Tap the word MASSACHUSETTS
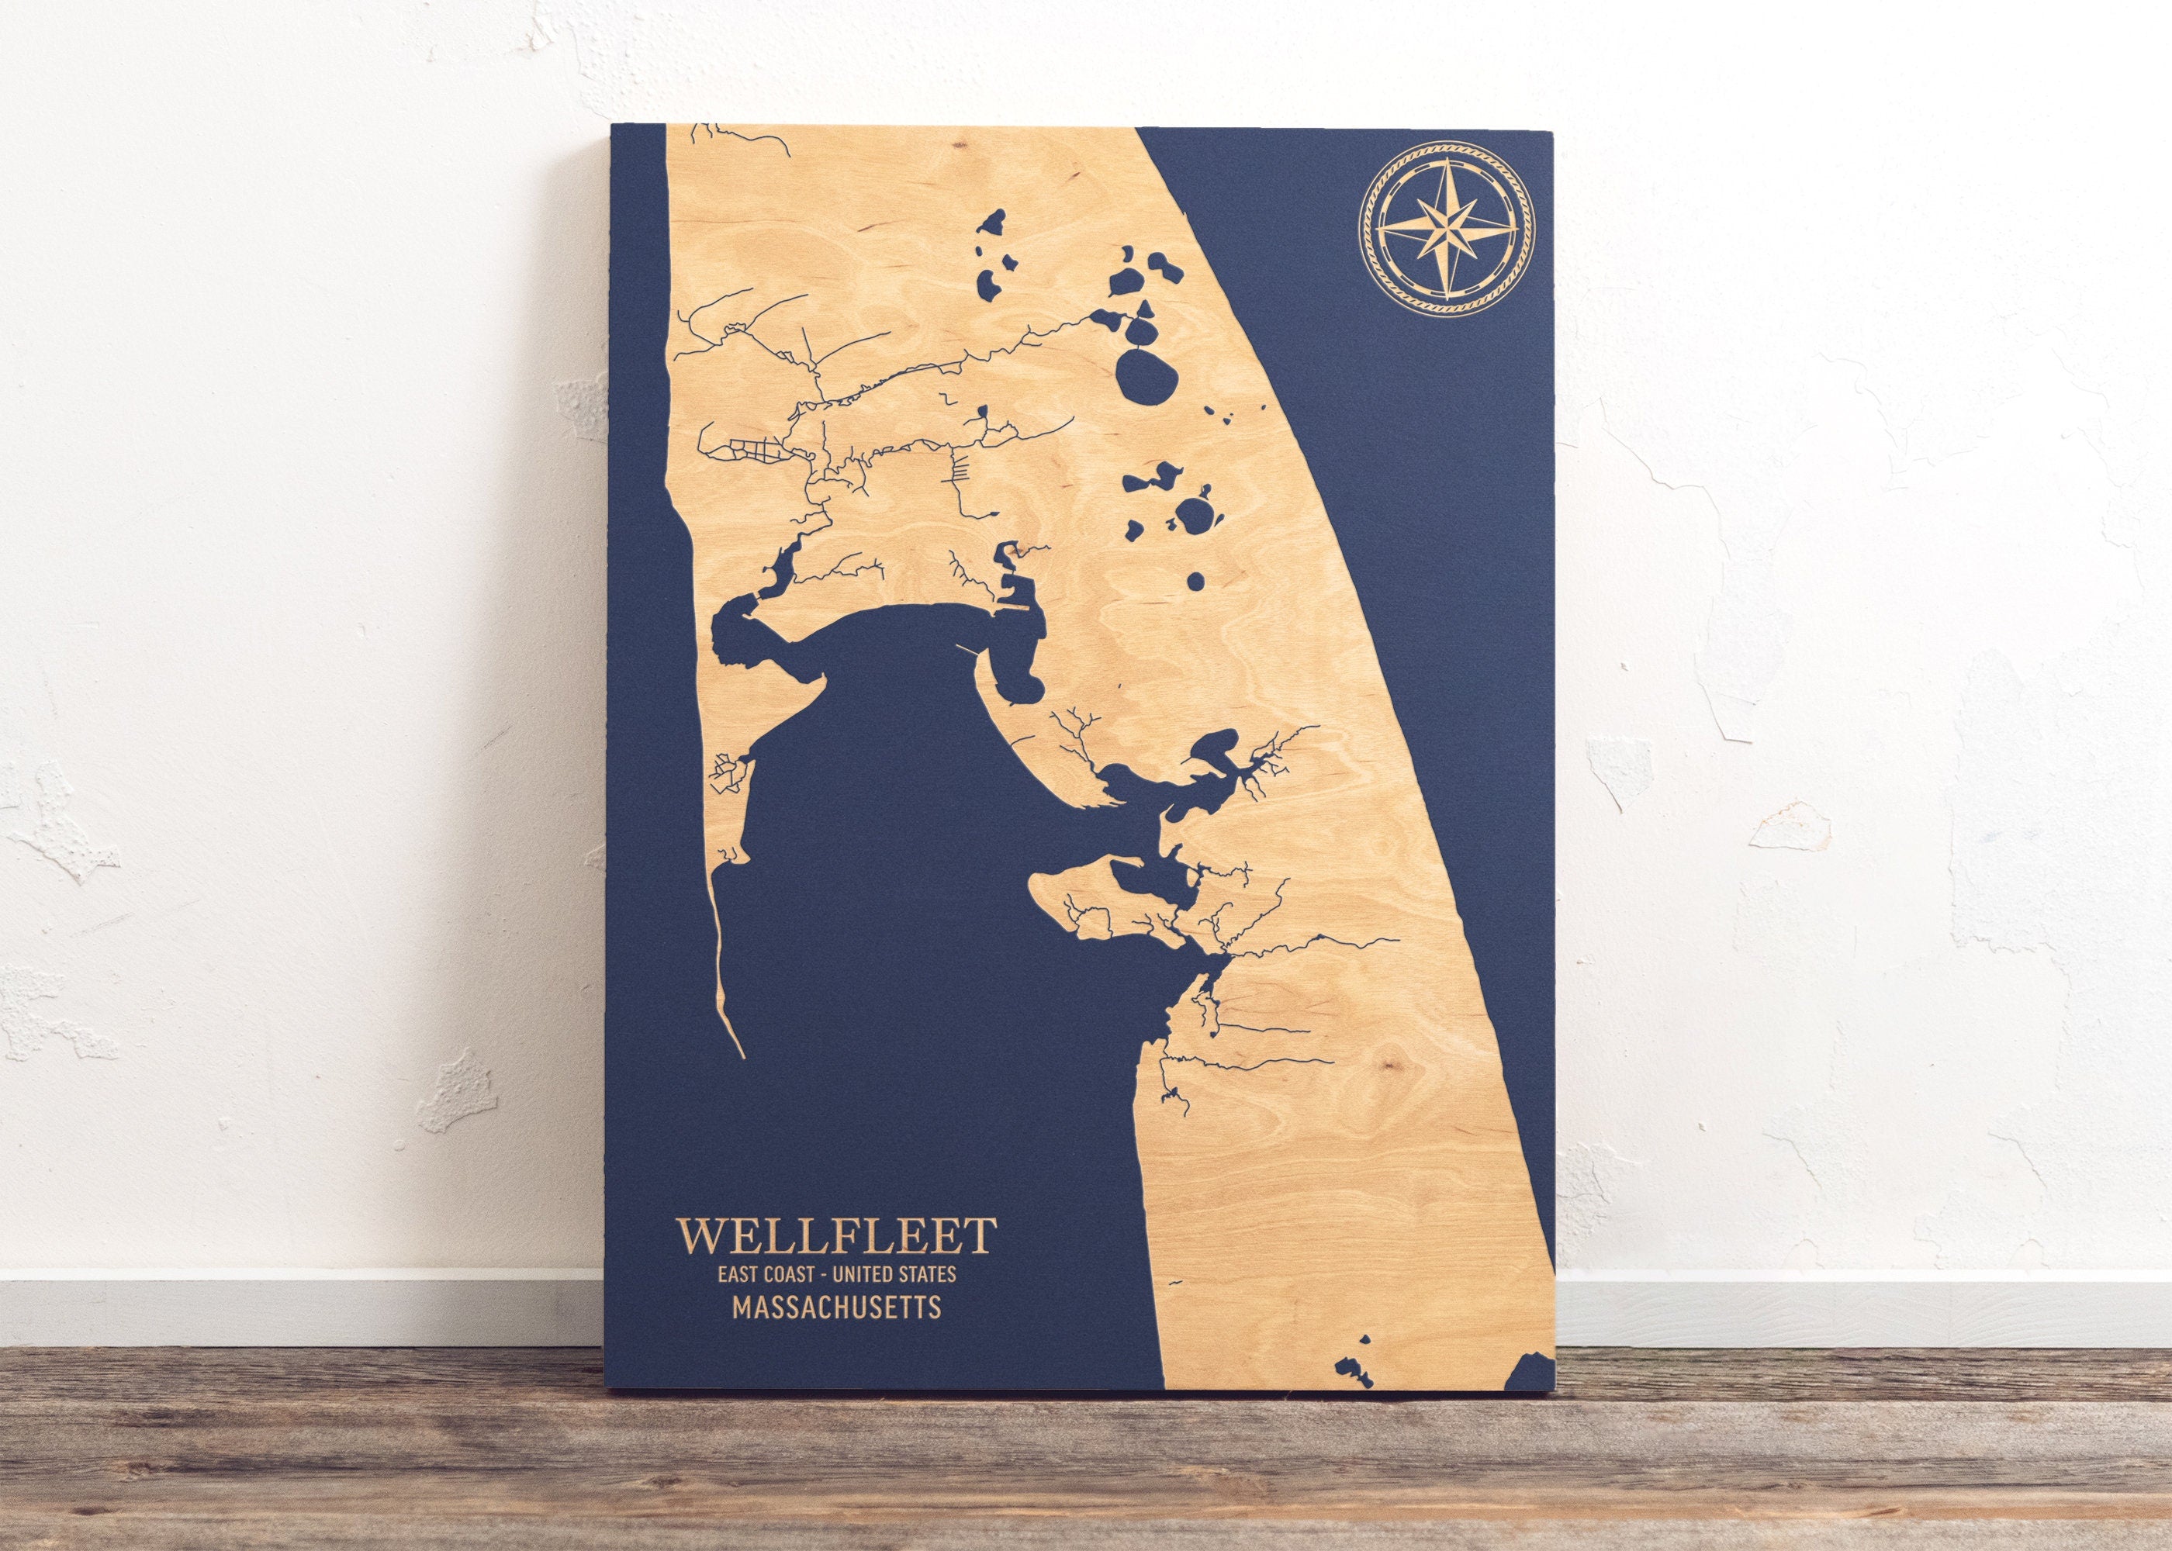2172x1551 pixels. pyautogui.click(x=835, y=1307)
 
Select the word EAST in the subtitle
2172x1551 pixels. pyautogui.click(x=743, y=1273)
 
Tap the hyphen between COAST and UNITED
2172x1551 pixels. pyautogui.click(x=834, y=1273)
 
